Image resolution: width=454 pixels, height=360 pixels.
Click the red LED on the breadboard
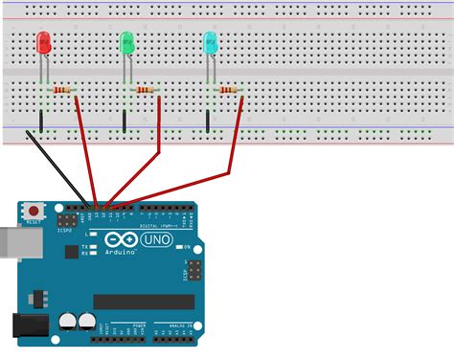click(x=44, y=43)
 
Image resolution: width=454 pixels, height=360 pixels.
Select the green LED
click(x=126, y=43)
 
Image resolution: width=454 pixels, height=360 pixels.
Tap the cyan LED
click(x=211, y=42)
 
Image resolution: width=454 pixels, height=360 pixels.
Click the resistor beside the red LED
click(x=63, y=90)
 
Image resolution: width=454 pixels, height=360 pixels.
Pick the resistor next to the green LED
click(x=146, y=90)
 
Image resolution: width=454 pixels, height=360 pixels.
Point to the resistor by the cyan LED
click(x=228, y=90)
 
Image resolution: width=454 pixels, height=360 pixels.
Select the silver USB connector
click(x=10, y=243)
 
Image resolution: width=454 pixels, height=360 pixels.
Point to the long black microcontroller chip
click(x=144, y=302)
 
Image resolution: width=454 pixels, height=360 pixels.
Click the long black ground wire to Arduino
click(x=57, y=168)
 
